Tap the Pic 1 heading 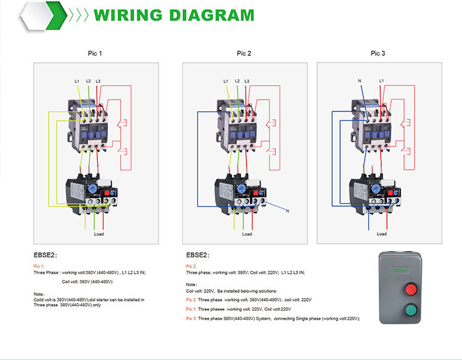(x=95, y=54)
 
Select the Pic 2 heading (x=245, y=54)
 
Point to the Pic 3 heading (x=378, y=54)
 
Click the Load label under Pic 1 (x=99, y=234)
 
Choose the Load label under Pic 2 (x=247, y=234)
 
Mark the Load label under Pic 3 (x=382, y=234)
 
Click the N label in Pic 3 (x=359, y=81)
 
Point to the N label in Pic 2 (x=286, y=212)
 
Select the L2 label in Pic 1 (x=88, y=81)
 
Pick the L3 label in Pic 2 (x=247, y=81)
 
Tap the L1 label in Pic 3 (x=382, y=81)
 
